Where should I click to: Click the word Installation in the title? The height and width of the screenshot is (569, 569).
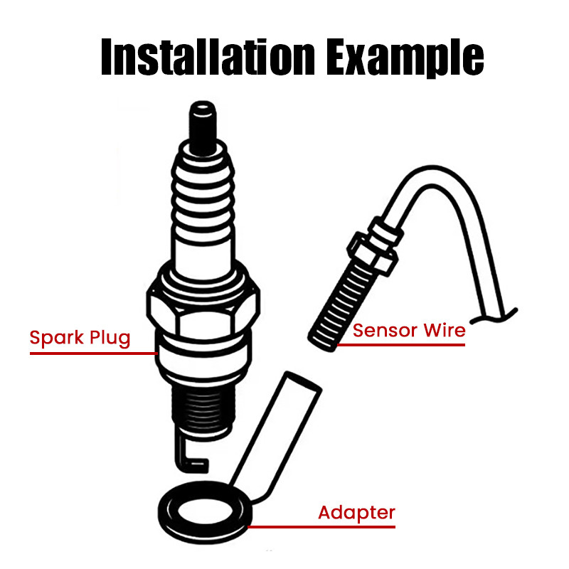[x=204, y=56]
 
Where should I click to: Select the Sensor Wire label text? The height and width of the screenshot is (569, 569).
[x=409, y=330]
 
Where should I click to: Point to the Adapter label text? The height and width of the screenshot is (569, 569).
[x=356, y=512]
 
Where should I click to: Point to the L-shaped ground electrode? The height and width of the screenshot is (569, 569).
[x=186, y=459]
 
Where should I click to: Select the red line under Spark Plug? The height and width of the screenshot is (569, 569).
[x=92, y=352]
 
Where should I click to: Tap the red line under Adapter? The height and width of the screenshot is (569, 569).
[x=320, y=527]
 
